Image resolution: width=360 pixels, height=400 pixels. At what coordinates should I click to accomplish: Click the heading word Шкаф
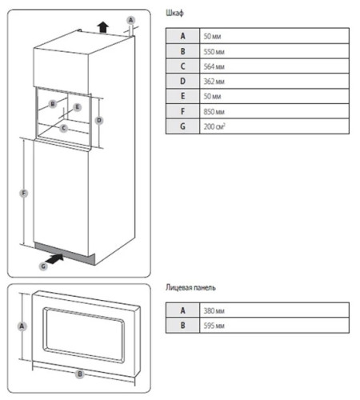174,13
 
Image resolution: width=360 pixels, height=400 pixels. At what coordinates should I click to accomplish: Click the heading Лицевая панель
190,287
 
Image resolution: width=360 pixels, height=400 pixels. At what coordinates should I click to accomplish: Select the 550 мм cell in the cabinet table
274,51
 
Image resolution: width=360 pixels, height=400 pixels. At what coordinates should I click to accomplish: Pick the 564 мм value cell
274,66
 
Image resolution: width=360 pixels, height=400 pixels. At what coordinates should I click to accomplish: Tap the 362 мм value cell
274,81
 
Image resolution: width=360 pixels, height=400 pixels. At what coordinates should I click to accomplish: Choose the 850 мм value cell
274,111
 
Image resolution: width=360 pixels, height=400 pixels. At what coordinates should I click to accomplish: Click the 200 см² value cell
274,126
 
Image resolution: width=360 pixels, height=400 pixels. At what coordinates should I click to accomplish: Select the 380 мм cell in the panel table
274,310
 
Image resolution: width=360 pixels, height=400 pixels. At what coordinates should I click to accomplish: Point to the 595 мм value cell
274,326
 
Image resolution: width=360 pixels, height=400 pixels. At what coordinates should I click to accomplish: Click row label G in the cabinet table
182,126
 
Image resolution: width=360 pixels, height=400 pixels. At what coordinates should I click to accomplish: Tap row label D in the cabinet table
182,81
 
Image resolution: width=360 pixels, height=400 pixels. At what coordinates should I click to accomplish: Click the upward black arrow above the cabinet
103,27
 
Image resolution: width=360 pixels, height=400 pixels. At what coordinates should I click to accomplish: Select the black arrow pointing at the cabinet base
54,258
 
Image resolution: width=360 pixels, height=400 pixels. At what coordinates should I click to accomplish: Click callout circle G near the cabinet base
43,266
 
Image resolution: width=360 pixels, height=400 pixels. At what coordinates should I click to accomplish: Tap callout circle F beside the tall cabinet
24,194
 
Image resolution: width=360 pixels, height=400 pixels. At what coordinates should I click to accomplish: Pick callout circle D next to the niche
99,121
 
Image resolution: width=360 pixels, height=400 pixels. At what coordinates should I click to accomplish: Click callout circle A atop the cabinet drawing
130,20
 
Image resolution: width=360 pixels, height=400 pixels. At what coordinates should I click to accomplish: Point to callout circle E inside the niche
78,107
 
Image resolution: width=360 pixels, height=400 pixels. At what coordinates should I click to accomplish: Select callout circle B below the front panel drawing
80,374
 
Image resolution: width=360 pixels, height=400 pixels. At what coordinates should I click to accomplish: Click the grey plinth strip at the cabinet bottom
65,254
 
